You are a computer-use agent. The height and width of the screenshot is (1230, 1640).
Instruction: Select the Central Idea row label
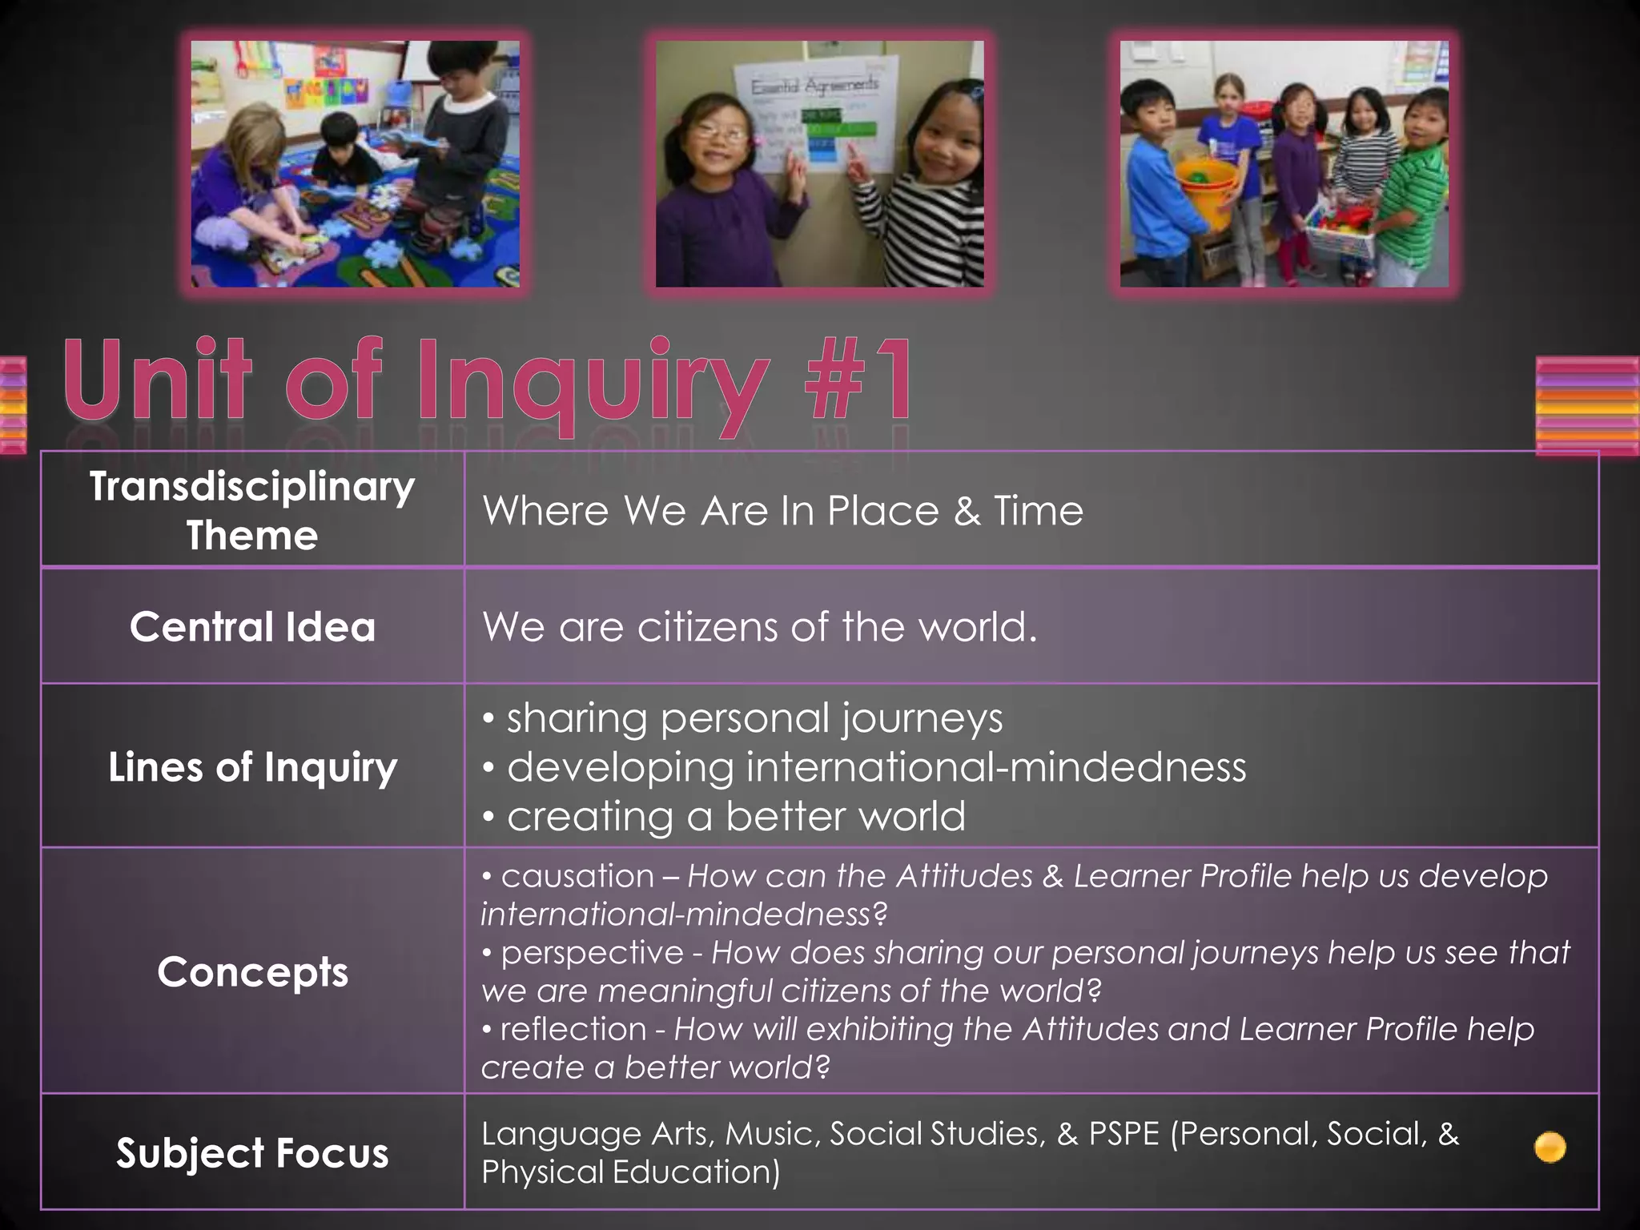pos(252,626)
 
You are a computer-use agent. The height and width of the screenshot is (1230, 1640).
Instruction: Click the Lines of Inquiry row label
pos(252,767)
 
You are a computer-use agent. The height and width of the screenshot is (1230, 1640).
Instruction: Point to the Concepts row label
pos(252,971)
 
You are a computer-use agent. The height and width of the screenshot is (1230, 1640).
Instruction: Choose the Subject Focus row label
pos(252,1153)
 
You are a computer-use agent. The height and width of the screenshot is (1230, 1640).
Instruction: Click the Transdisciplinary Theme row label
pos(252,510)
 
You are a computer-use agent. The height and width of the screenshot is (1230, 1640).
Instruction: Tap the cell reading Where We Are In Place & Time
pos(782,511)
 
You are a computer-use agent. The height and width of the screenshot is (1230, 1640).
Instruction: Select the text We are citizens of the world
pos(759,626)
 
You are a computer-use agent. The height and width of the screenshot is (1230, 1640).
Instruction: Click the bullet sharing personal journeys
pos(754,717)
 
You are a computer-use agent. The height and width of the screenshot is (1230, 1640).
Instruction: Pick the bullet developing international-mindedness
pos(876,767)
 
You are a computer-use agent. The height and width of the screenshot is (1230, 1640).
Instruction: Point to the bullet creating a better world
pos(735,816)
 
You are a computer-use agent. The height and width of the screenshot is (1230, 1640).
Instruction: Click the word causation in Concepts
pos(577,876)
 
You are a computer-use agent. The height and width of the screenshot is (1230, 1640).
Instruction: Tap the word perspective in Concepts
pos(592,953)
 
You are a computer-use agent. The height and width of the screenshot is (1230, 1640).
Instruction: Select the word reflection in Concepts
pos(573,1029)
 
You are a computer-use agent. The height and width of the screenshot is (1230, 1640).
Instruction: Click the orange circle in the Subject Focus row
pos(1550,1148)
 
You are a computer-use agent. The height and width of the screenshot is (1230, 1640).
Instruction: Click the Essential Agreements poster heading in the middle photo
pos(814,85)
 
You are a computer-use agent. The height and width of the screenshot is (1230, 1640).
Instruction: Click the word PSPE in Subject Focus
pos(1123,1134)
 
